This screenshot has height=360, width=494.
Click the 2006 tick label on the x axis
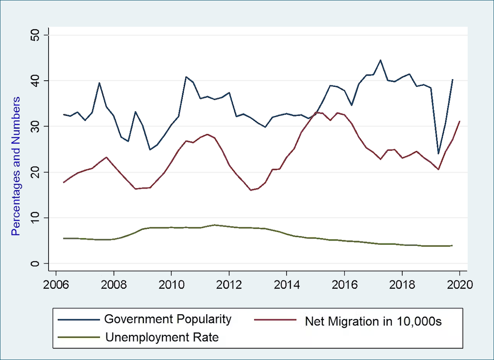56,285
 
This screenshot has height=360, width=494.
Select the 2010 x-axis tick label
171,285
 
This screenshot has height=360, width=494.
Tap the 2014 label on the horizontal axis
286,285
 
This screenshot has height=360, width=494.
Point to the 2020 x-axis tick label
459,285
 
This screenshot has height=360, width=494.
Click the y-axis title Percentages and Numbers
16,166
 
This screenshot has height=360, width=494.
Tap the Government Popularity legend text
168,319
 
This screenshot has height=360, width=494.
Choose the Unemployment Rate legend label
162,337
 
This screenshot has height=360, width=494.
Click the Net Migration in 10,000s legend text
373,321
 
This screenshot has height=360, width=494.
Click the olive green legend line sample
79,337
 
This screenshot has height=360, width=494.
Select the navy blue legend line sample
79,319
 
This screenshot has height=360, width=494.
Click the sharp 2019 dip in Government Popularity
438,154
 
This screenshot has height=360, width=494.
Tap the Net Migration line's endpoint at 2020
459,121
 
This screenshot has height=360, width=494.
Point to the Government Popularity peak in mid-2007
99,83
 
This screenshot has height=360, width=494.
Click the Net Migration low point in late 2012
250,190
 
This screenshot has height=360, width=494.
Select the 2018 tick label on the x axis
401,285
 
